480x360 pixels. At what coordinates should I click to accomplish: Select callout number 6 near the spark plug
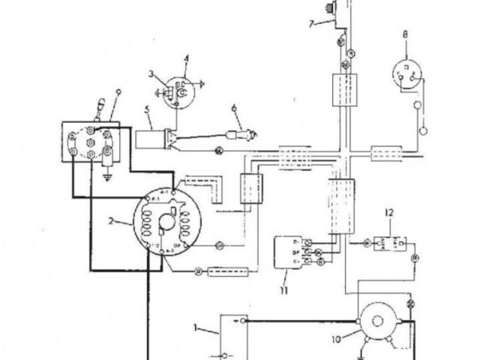(234, 109)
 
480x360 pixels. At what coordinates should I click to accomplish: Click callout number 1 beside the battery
(197, 327)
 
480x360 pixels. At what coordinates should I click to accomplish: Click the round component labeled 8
(406, 74)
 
